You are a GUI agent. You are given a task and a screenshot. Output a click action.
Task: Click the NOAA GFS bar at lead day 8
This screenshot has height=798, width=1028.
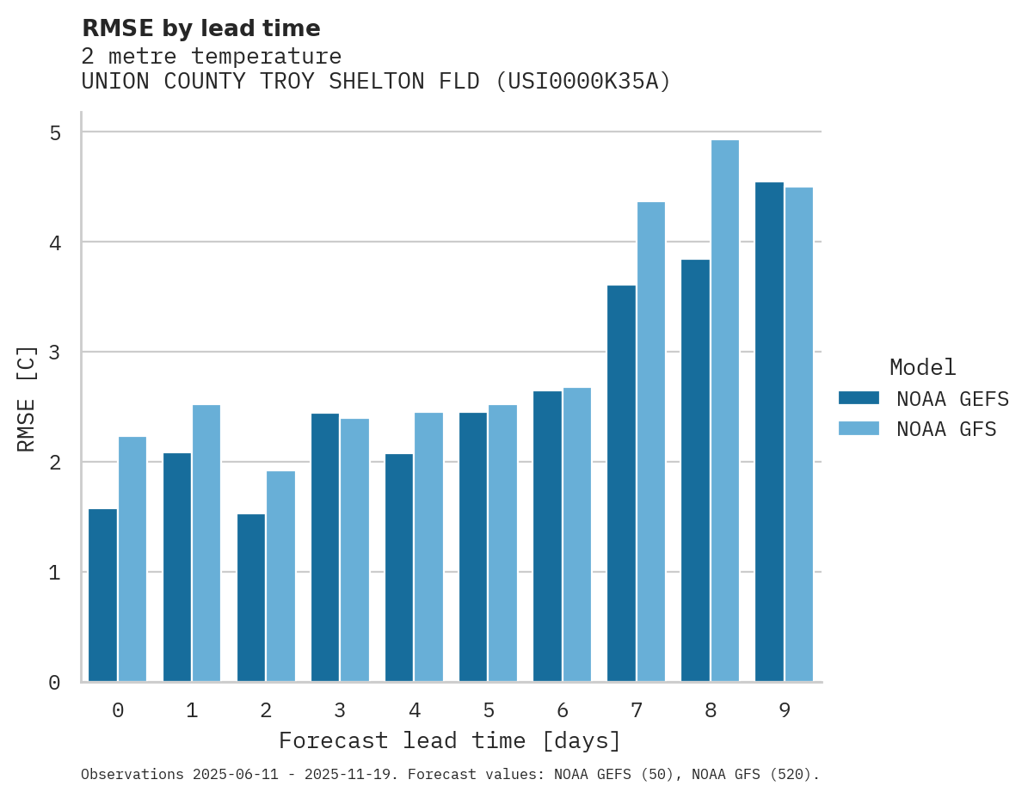(x=724, y=411)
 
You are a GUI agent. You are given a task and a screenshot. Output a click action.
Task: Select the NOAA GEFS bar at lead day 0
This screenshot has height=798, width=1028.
(x=103, y=595)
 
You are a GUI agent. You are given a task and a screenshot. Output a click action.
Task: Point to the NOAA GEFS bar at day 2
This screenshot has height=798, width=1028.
(x=251, y=598)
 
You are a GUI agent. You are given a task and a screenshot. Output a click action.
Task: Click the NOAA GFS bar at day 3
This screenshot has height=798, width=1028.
(x=354, y=550)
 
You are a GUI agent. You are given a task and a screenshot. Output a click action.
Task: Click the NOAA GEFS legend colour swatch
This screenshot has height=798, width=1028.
(x=859, y=398)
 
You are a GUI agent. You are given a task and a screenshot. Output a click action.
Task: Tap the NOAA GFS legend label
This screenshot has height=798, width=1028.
(x=946, y=429)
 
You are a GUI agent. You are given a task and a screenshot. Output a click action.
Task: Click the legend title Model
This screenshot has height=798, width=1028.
(x=922, y=367)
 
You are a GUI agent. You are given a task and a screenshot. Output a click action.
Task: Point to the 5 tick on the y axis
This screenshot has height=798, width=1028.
(x=55, y=132)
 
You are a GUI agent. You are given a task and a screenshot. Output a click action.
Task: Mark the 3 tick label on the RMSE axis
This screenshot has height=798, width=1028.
(x=55, y=353)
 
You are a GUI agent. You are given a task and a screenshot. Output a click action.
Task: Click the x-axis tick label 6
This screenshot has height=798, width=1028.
(x=563, y=710)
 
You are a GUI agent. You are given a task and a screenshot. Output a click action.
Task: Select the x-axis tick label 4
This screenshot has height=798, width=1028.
(x=415, y=710)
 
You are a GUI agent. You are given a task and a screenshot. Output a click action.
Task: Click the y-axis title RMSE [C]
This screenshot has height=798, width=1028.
(x=28, y=398)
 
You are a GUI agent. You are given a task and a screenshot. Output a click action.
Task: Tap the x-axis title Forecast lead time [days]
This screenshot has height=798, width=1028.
(x=449, y=740)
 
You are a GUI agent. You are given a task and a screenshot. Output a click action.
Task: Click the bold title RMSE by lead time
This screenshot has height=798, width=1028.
(x=200, y=28)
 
